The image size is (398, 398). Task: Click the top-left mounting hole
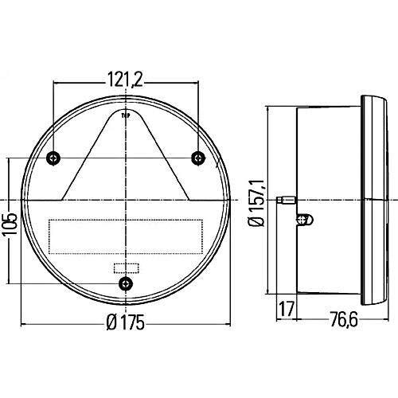coord(53,157)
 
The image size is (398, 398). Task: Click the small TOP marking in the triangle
coord(126,115)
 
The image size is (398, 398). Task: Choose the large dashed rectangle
coord(126,233)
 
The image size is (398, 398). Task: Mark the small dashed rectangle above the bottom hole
coord(126,267)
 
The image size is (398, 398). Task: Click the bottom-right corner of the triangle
coord(189,198)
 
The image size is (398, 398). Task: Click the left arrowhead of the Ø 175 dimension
coord(23,325)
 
